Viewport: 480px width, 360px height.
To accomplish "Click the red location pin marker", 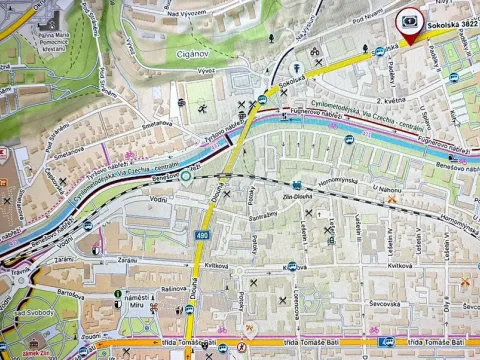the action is tap(411, 24).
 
